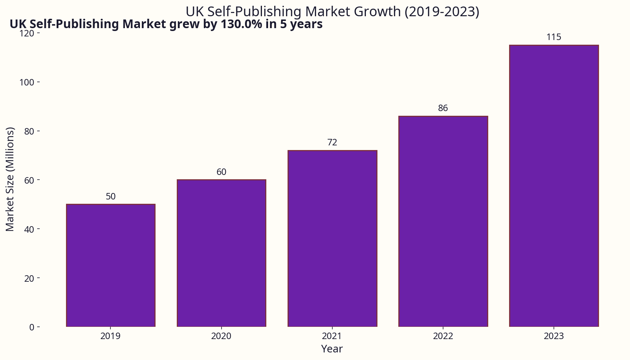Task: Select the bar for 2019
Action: point(111,265)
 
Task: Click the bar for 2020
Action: point(222,253)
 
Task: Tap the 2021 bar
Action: point(332,238)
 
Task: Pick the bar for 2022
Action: point(443,221)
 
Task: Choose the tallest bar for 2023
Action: point(554,186)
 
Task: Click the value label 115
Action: point(554,37)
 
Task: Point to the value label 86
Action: point(443,108)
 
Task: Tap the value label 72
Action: point(332,142)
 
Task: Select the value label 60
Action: point(222,172)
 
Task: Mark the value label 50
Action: point(111,197)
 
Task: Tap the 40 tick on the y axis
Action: point(29,229)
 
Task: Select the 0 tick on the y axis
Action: point(32,327)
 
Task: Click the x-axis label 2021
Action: point(332,336)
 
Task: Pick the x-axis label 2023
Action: point(554,336)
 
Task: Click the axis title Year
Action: point(332,349)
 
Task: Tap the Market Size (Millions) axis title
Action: point(10,179)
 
